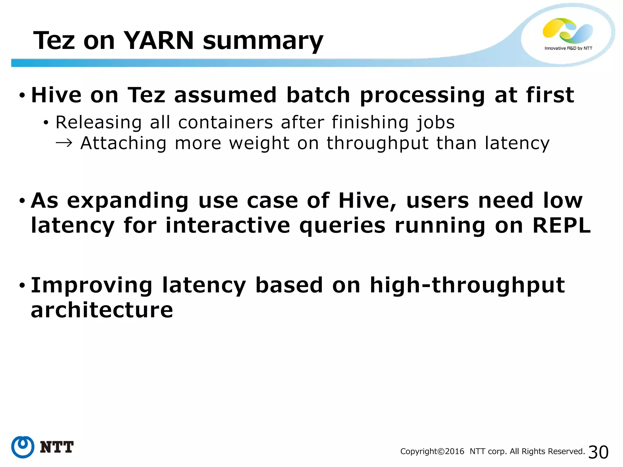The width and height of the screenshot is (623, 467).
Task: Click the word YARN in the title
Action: pyautogui.click(x=159, y=40)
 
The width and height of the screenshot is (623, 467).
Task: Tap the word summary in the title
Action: pyautogui.click(x=263, y=42)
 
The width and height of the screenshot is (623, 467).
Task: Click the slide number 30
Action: pyautogui.click(x=598, y=452)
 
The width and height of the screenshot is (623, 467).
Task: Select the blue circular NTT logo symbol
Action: pyautogui.click(x=23, y=447)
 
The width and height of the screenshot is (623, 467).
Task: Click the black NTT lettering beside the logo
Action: pyautogui.click(x=57, y=447)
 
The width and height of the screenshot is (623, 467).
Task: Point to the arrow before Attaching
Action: pyautogui.click(x=64, y=143)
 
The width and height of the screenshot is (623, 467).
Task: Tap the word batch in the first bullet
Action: pyautogui.click(x=318, y=95)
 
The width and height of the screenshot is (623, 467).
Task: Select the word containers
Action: pyautogui.click(x=225, y=122)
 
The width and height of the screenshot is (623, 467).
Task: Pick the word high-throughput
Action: pyautogui.click(x=467, y=286)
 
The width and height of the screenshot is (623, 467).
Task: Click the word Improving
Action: pyautogui.click(x=92, y=286)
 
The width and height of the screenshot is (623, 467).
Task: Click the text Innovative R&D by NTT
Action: pyautogui.click(x=568, y=48)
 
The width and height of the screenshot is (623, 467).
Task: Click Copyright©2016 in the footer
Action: pyautogui.click(x=432, y=451)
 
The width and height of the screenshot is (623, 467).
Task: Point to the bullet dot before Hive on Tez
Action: pyautogui.click(x=22, y=95)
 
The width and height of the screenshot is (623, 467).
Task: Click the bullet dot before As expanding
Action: pyautogui.click(x=22, y=201)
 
